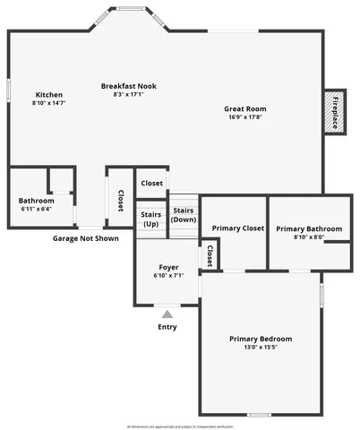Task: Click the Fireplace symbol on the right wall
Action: [x=334, y=112]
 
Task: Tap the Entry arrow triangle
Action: [x=167, y=314]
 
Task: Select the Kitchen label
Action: [x=48, y=95]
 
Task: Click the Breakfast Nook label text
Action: [x=129, y=86]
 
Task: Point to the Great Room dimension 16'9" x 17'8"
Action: [x=244, y=117]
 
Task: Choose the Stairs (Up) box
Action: [x=150, y=219]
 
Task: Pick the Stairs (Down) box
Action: [x=184, y=215]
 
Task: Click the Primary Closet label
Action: [x=238, y=228]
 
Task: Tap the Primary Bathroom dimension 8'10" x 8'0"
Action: [x=309, y=237]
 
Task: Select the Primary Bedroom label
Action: [x=261, y=339]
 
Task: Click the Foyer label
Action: [x=168, y=267]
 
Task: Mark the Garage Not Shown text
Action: [x=85, y=239]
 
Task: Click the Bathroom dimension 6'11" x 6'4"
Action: [x=36, y=209]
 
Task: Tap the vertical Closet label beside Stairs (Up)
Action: [x=120, y=201]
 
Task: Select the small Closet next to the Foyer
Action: [x=210, y=256]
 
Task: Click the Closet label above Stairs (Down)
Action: [x=152, y=183]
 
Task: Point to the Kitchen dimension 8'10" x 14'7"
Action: [x=48, y=103]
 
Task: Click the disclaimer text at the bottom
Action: [x=179, y=426]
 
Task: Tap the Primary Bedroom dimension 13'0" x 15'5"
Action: [x=261, y=348]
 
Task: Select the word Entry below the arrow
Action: [x=167, y=327]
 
